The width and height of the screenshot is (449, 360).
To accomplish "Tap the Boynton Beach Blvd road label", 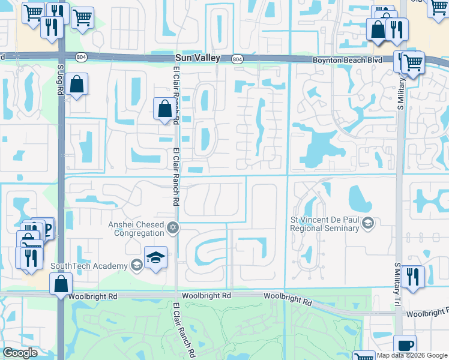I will point(347,61).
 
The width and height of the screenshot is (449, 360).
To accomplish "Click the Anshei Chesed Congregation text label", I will point(136,229).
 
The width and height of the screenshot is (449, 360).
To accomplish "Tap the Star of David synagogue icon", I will point(173,226).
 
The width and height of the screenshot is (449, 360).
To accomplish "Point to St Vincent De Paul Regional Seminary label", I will point(324,224).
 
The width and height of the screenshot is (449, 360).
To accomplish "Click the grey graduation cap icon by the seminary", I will point(368,224).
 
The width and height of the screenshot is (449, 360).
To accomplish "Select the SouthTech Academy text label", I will point(88,266).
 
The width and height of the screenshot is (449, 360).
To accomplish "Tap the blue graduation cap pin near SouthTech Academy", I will point(156,258).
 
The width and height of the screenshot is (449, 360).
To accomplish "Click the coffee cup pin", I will point(405,346).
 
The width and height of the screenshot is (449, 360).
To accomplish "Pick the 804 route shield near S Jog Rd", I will point(80,56).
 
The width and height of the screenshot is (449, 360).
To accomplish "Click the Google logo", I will point(20,353).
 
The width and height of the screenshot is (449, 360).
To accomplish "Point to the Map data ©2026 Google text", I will point(412,355).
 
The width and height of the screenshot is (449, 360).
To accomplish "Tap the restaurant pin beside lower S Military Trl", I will point(412,276).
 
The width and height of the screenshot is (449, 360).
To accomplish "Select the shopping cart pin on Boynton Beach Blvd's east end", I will point(412,62).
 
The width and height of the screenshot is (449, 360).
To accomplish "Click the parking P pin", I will point(44,227).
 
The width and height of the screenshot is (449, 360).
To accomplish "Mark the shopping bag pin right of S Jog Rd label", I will point(77,84).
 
